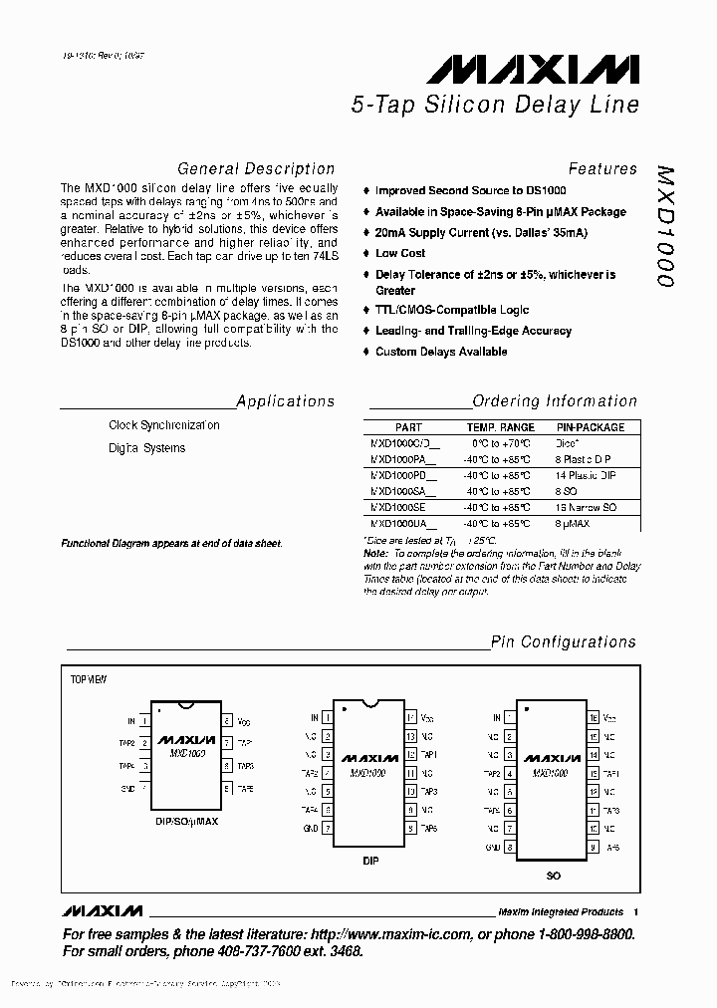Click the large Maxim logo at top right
coord(533,70)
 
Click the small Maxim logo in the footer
coord(103,911)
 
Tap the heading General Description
coord(256,169)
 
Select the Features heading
coord(601,169)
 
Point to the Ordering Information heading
coord(554,401)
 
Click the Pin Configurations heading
coord(563,642)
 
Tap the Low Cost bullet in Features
coord(400,254)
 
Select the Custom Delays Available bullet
coord(441,352)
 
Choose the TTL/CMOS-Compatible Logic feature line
coord(452,311)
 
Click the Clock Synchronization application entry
coord(164,425)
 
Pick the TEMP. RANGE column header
coord(501,427)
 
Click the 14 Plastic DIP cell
coord(587,476)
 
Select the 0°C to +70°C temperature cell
coord(501,443)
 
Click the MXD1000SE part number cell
coord(398,507)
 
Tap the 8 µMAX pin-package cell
coord(574,523)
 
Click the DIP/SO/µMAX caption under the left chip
coord(185,822)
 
